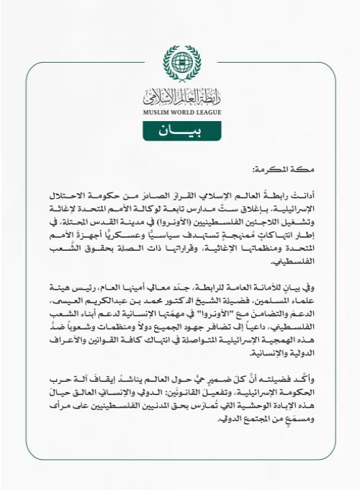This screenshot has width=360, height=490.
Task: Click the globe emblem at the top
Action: pyautogui.click(x=180, y=63)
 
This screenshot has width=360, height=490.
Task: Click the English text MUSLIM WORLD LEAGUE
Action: pyautogui.click(x=180, y=110)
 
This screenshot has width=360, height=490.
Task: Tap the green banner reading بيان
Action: pyautogui.click(x=180, y=132)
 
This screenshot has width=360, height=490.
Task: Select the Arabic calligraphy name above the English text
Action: pyautogui.click(x=180, y=94)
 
